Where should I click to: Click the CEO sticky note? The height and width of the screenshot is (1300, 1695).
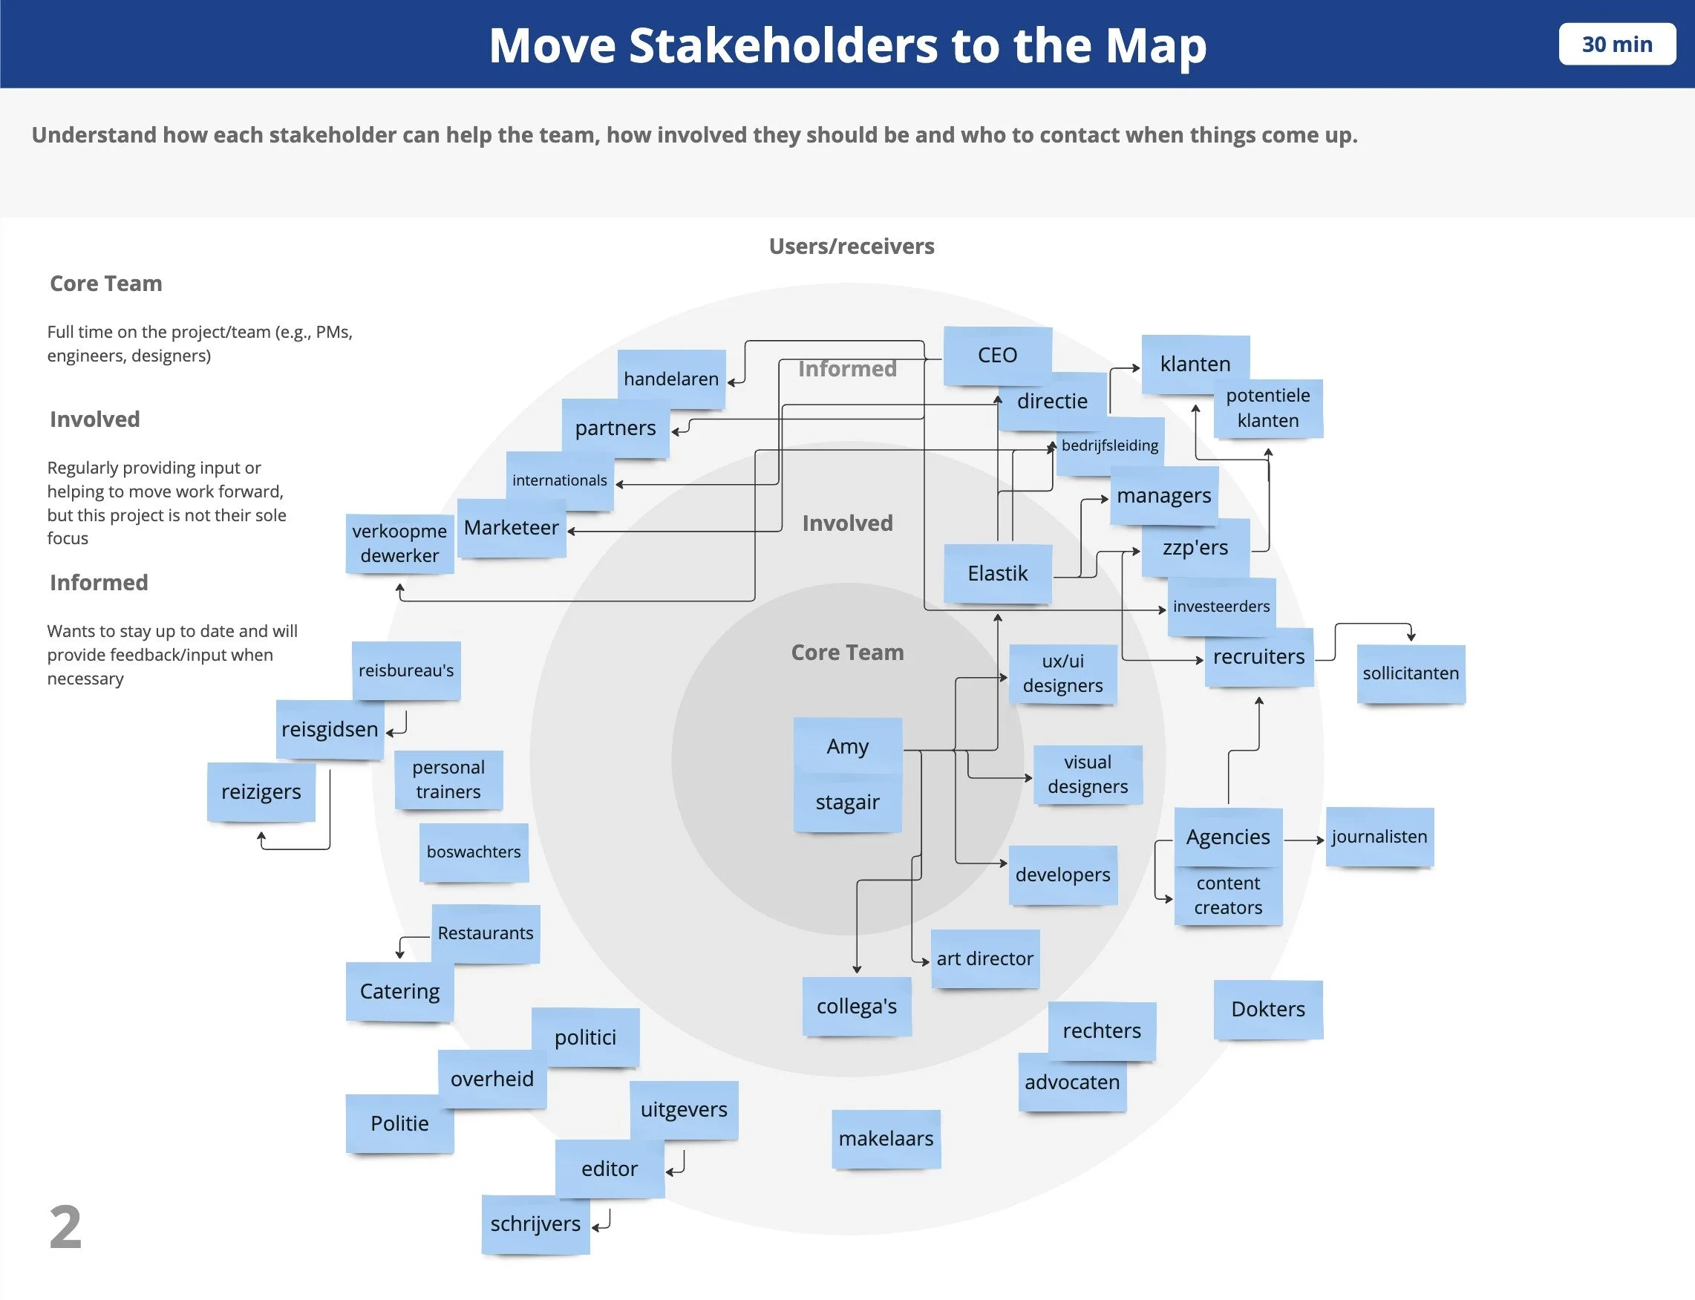pos(997,355)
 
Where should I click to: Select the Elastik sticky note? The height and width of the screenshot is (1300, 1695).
pos(997,573)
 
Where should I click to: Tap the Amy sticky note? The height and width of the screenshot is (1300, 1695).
pos(847,746)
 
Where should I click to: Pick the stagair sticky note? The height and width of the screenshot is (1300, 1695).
pos(847,803)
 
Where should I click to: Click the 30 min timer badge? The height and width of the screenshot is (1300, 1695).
pos(1617,44)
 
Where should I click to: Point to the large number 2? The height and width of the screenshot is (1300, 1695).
pos(66,1227)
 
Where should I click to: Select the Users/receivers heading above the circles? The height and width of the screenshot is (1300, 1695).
pos(851,246)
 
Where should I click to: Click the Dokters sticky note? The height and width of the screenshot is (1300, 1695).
pos(1268,1009)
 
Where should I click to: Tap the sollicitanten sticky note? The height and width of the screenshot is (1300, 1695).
pos(1411,673)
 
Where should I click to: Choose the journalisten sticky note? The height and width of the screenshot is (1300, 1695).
pos(1379,837)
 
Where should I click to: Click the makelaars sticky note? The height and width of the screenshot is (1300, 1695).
pos(886,1138)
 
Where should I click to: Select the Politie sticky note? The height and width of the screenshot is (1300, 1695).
pos(399,1123)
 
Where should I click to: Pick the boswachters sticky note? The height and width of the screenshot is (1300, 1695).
pos(474,852)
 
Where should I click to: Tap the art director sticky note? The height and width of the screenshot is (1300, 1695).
pos(984,958)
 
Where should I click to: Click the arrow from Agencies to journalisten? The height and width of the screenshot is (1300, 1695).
pos(1304,840)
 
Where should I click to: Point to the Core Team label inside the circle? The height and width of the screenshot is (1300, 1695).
pos(847,653)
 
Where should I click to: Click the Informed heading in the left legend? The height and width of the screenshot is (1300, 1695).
pos(99,583)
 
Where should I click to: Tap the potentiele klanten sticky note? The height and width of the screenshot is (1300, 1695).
pos(1268,408)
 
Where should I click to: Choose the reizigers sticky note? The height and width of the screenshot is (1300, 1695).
pos(261,791)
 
